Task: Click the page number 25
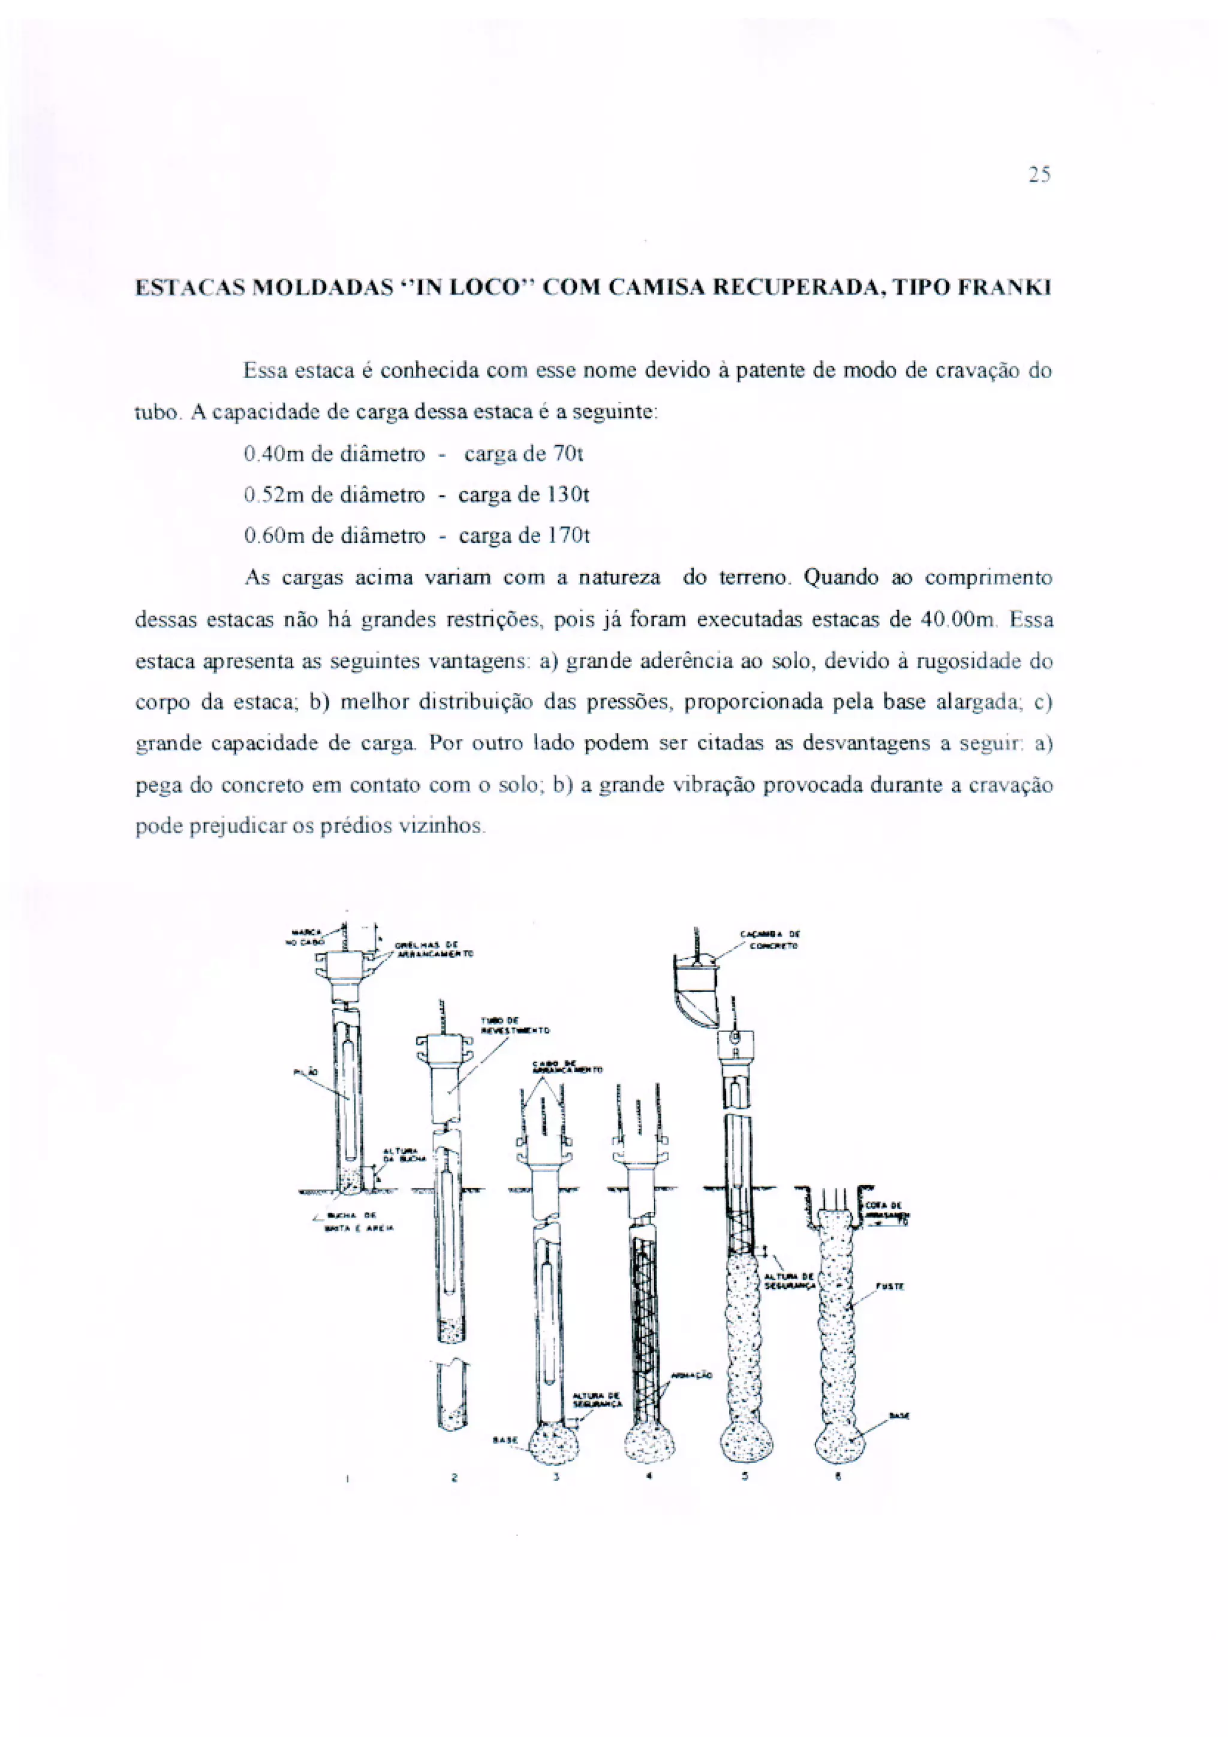coord(1040,176)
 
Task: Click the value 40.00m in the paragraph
coord(958,620)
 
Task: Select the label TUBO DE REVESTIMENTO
coord(514,1025)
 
